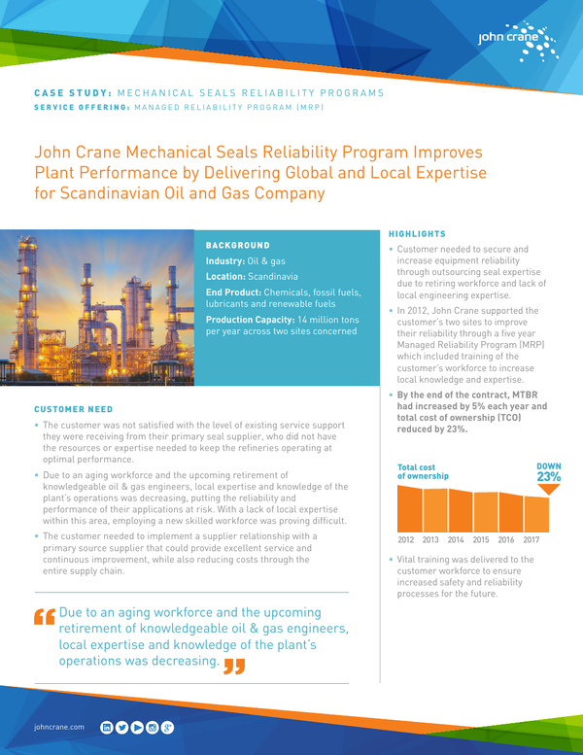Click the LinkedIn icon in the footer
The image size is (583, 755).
click(106, 726)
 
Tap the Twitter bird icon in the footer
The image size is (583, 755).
click(121, 726)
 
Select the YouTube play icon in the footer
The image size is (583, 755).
click(137, 726)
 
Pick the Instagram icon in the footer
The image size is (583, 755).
click(153, 726)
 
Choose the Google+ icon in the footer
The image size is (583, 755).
click(168, 726)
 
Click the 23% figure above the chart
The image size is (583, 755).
click(548, 477)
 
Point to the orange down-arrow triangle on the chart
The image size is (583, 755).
click(549, 490)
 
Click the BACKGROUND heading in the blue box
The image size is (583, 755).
click(239, 245)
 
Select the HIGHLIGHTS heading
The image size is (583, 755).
click(417, 234)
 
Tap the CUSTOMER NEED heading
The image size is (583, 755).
click(74, 409)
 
